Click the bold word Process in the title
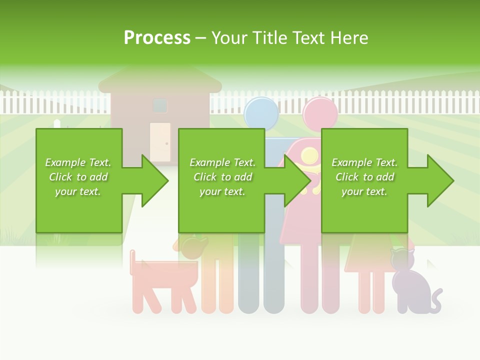[157, 37]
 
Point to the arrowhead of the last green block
[440, 180]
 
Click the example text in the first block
[78, 177]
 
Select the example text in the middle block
[222, 177]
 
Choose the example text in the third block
[364, 177]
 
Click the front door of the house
[159, 141]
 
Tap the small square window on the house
[160, 105]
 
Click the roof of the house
[160, 80]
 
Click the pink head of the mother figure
[320, 113]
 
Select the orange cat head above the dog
[193, 246]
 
